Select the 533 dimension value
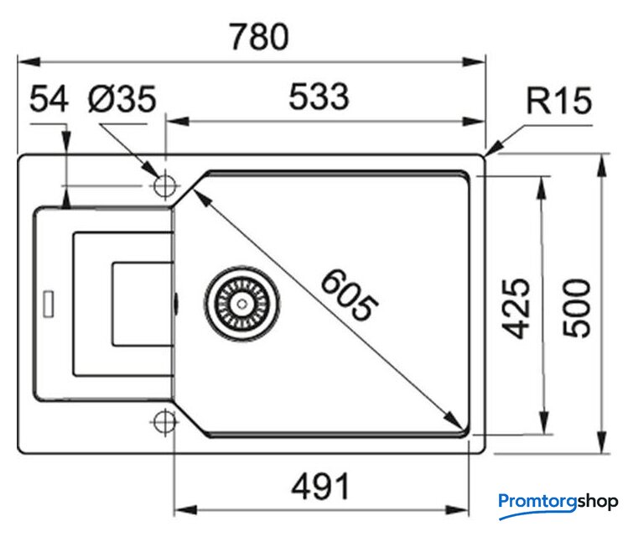click(x=319, y=98)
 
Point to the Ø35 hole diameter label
click(x=122, y=100)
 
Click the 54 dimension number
click(x=49, y=100)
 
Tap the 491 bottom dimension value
click(x=319, y=486)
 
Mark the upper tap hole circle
click(x=164, y=184)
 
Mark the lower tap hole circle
click(x=164, y=421)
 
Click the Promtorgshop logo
click(x=558, y=502)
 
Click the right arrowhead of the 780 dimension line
click(x=480, y=60)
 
